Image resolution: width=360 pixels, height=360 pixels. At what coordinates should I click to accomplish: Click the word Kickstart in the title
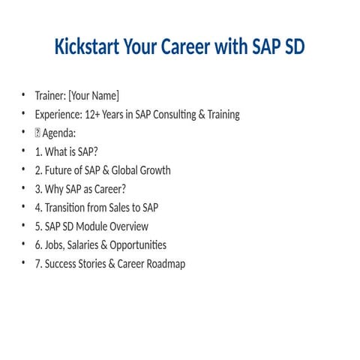(x=89, y=47)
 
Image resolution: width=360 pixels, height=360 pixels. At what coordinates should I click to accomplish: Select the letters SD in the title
(x=291, y=47)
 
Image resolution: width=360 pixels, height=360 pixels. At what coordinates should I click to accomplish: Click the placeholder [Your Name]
(x=93, y=96)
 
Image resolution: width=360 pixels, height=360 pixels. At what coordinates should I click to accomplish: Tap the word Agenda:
(x=61, y=133)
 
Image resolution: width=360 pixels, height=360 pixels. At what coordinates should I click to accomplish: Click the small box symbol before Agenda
(x=37, y=133)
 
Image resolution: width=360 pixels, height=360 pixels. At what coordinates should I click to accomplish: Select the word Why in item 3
(x=55, y=189)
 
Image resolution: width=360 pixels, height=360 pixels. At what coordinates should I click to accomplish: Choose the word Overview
(x=127, y=226)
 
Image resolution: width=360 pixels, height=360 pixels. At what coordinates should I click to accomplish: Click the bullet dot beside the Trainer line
(x=23, y=95)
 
